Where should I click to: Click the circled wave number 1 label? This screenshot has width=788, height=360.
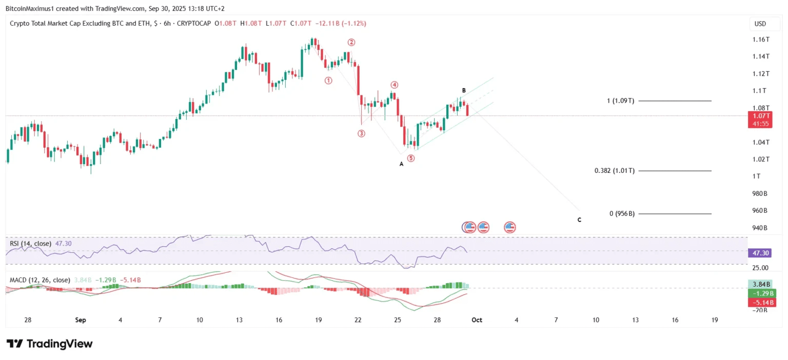coord(328,81)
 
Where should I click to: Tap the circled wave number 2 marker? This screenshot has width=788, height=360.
coord(351,42)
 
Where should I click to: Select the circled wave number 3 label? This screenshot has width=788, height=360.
coord(361,133)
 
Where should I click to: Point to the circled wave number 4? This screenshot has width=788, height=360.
coord(394,85)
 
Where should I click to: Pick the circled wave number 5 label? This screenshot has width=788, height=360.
coord(411,158)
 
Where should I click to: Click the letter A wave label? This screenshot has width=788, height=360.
coord(402,164)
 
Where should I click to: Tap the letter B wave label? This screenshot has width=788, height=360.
coord(464,91)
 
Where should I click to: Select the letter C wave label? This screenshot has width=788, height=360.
coord(579,220)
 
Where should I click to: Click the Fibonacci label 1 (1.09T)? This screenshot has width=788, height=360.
coord(620,101)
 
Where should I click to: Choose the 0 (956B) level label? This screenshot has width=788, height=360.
coord(622,214)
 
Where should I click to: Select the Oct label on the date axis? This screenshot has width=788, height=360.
coord(477,320)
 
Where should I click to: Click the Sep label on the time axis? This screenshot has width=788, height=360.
coord(80,320)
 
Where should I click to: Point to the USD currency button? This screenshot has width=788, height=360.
coord(760,24)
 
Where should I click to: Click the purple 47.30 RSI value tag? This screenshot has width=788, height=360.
coord(760,253)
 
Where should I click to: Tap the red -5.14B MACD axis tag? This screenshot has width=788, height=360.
coord(760,302)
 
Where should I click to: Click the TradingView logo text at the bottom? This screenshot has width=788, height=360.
coord(50,344)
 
